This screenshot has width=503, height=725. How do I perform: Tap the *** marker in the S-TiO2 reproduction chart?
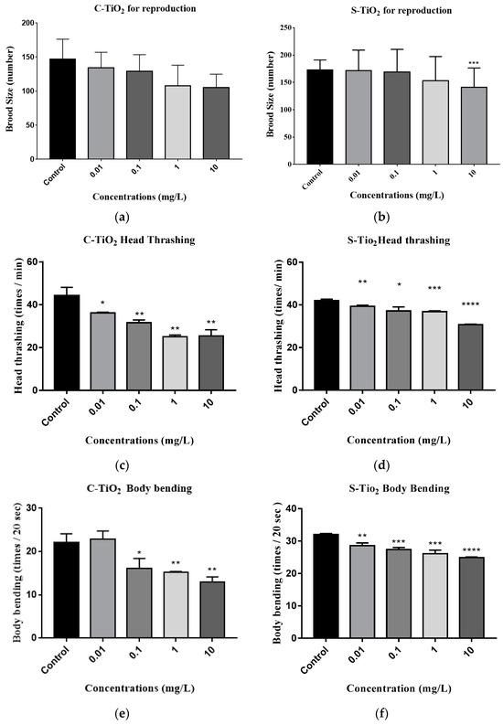(447, 63)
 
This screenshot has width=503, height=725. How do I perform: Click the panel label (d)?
(378, 460)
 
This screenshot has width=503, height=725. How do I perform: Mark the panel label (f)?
(378, 709)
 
